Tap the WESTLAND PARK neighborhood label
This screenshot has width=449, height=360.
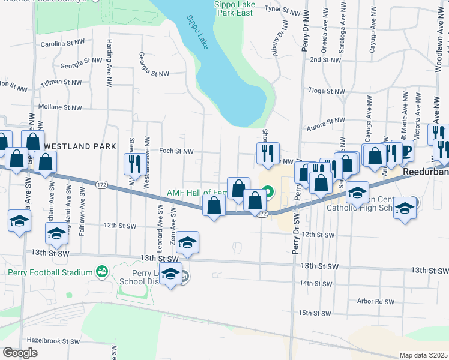(74, 146)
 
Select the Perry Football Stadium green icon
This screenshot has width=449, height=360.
(102, 272)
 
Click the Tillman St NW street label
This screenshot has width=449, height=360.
(61, 82)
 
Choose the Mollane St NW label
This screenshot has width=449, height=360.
(59, 107)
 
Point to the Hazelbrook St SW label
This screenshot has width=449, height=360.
(53, 341)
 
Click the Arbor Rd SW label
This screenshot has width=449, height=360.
(375, 301)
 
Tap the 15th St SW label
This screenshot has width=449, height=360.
(316, 313)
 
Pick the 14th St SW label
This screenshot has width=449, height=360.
(316, 283)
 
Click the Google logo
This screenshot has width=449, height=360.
(20, 352)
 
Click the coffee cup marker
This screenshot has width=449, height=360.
(406, 150)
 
